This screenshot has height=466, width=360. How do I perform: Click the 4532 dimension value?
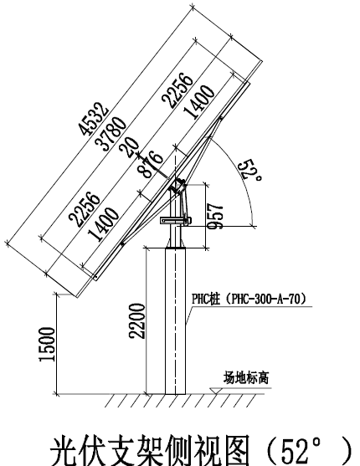[93, 119]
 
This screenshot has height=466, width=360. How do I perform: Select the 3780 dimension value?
[111, 134]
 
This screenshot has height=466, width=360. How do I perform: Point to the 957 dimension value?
[215, 216]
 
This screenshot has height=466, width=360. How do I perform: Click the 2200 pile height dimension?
[136, 321]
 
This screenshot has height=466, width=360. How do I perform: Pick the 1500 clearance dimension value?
[47, 345]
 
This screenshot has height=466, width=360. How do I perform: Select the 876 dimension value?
[150, 164]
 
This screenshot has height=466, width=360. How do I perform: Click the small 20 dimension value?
[129, 147]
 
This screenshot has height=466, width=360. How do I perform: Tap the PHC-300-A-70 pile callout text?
[249, 299]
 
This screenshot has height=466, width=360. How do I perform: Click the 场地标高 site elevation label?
[246, 378]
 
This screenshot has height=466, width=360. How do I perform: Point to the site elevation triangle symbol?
[216, 391]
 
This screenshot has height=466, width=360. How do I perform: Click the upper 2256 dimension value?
[177, 90]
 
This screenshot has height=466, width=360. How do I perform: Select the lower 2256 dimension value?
[85, 209]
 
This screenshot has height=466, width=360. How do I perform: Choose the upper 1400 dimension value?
[198, 102]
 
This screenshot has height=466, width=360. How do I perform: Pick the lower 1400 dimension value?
[103, 223]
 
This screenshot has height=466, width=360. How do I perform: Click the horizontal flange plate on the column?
[176, 221]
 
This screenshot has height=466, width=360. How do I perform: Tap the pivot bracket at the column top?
[177, 186]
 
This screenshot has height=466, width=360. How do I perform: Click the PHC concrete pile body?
[176, 321]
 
